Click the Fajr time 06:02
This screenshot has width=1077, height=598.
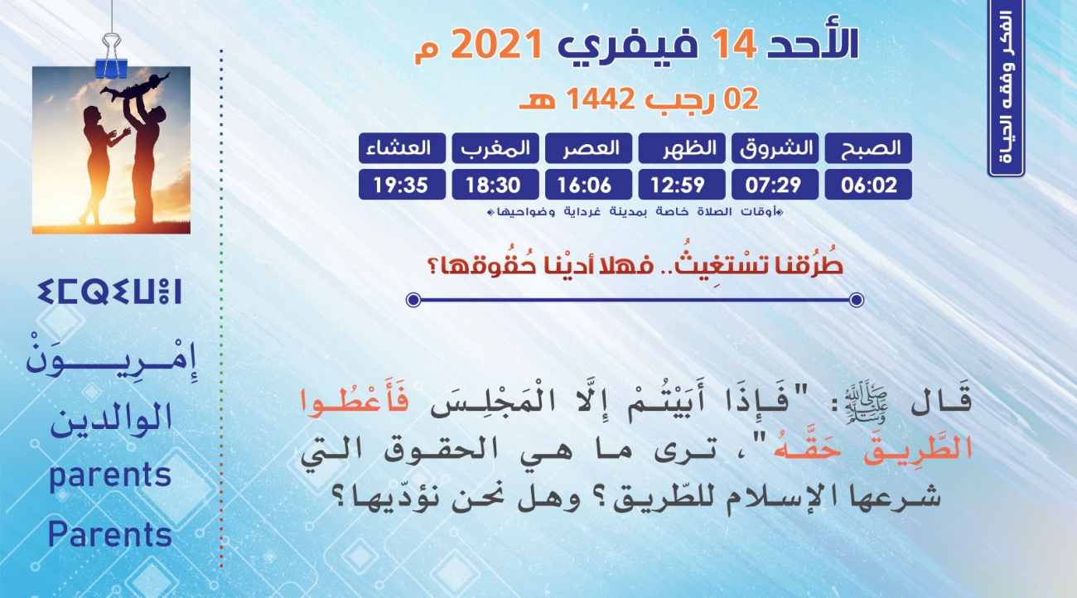point(868,185)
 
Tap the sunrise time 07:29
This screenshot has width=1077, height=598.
point(775,185)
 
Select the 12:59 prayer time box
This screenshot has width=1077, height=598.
point(682,185)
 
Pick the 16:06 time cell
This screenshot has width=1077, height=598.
point(588,185)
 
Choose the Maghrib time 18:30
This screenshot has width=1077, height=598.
point(495,185)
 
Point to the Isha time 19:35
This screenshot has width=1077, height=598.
point(402,185)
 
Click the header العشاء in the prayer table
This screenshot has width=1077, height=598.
point(402,148)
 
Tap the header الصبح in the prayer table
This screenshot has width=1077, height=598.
point(868,148)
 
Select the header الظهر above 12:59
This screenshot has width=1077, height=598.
point(682,148)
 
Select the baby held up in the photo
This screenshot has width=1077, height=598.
point(136,86)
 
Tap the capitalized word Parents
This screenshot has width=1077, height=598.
point(110,534)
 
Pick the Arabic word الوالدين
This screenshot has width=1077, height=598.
point(111,419)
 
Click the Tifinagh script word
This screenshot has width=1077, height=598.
point(109,292)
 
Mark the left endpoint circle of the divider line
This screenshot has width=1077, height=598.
point(413,300)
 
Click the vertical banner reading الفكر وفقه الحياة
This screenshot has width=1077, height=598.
point(1006,89)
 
